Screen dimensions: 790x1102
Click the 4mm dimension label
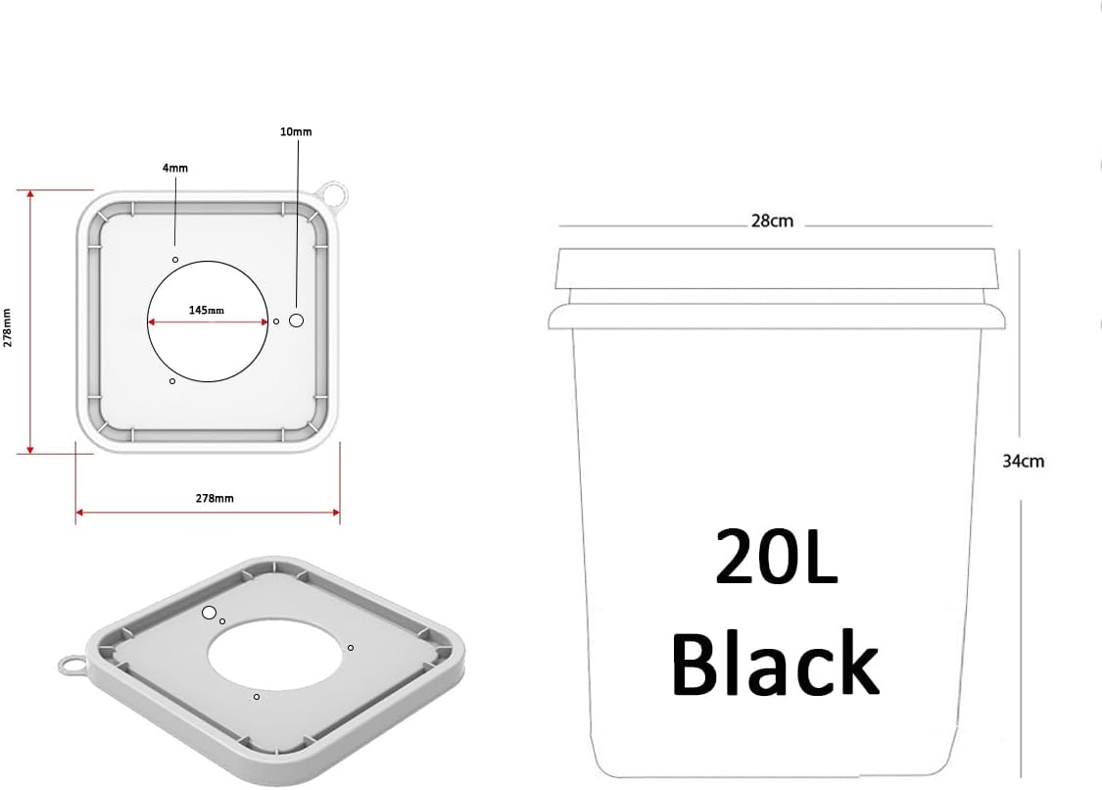pyautogui.click(x=174, y=169)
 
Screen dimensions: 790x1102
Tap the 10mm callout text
pyautogui.click(x=296, y=131)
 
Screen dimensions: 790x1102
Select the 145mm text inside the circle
pyautogui.click(x=207, y=310)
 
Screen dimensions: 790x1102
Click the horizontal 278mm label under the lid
pyautogui.click(x=215, y=498)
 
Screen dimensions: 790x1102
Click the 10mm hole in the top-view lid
pyautogui.click(x=297, y=321)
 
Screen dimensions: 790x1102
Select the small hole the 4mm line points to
pyautogui.click(x=175, y=260)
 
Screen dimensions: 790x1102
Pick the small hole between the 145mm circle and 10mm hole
pyautogui.click(x=276, y=321)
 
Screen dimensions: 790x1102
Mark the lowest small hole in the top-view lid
pyautogui.click(x=172, y=380)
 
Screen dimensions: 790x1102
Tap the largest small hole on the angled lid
pyautogui.click(x=209, y=613)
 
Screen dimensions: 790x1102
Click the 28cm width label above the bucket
pyautogui.click(x=772, y=222)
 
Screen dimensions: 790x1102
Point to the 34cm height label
pyautogui.click(x=1023, y=461)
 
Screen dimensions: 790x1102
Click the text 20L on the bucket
pyautogui.click(x=776, y=556)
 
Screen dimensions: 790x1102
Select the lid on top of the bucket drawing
pyautogui.click(x=777, y=269)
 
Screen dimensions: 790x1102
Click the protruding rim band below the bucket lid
pyautogui.click(x=777, y=316)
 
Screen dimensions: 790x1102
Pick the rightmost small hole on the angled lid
pyautogui.click(x=351, y=648)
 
